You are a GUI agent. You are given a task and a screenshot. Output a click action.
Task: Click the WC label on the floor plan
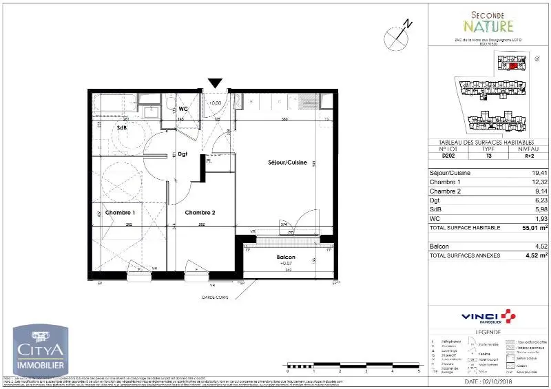tap(183, 109)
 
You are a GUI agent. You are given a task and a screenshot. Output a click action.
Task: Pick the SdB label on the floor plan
tap(122, 128)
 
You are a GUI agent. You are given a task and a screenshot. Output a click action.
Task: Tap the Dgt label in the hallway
tap(183, 154)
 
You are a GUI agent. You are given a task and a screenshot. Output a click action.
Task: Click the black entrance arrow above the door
tap(215, 84)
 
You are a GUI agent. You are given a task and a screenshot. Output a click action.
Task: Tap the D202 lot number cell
tap(448, 156)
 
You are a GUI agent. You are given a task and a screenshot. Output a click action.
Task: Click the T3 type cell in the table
tap(488, 156)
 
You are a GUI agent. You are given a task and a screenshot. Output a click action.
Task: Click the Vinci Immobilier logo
tap(487, 316)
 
